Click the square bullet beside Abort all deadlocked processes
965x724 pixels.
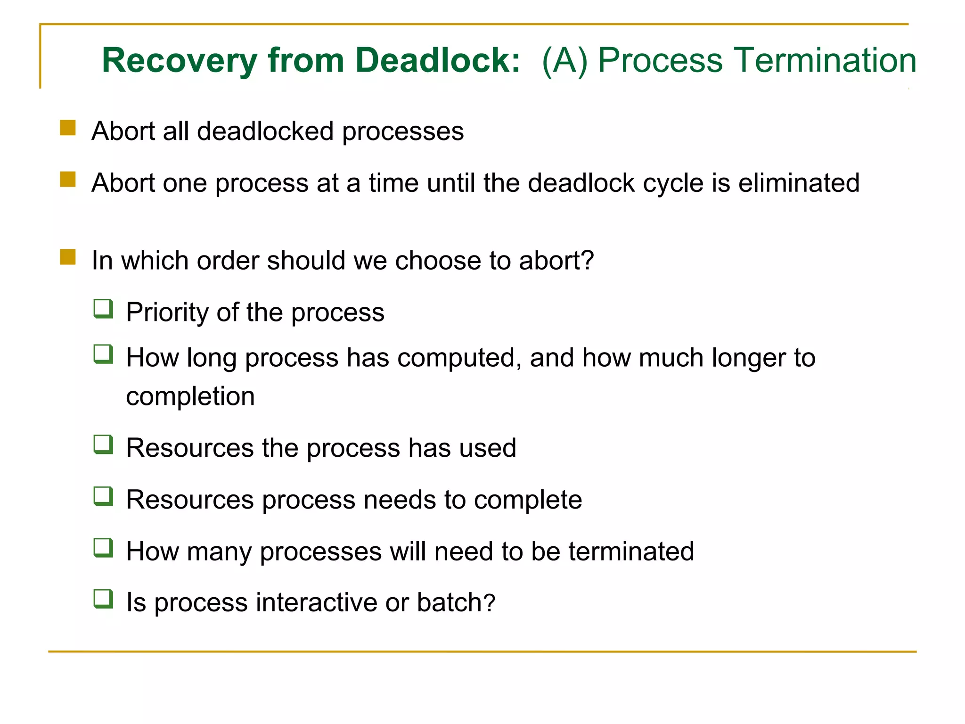point(68,128)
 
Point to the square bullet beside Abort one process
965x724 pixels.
point(68,180)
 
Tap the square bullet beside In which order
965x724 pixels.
point(68,257)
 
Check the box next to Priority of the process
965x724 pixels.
point(103,309)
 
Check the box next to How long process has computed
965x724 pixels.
point(103,354)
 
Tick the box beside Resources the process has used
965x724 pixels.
point(103,444)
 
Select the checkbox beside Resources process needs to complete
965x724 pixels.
point(103,496)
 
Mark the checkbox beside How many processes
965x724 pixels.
point(103,548)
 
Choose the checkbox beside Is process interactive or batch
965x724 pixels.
point(103,599)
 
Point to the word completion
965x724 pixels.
point(190,396)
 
